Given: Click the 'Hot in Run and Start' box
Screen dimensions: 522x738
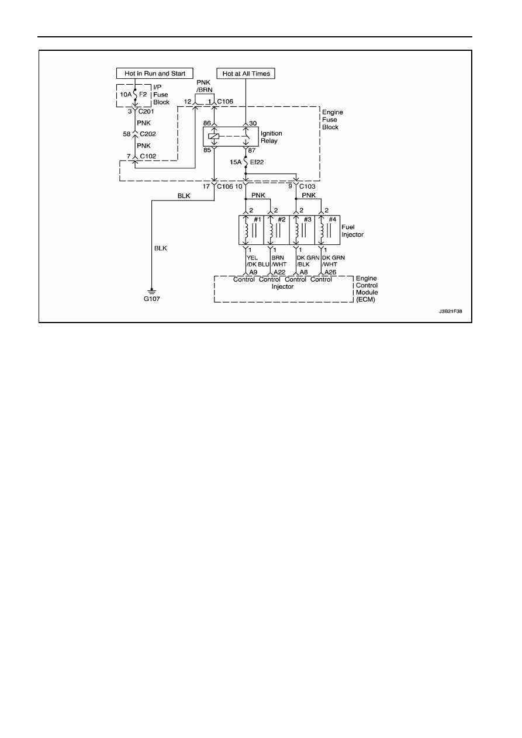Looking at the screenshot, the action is point(154,73).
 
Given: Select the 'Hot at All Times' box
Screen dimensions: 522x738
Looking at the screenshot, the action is point(246,74).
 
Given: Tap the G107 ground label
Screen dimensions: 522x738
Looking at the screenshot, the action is point(152,299).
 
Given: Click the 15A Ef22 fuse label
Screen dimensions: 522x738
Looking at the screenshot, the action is point(247,162).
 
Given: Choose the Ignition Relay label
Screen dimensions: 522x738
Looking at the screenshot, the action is point(271,137).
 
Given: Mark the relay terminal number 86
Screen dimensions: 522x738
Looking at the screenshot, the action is point(207,123).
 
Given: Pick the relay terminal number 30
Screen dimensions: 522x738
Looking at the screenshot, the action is point(253,123).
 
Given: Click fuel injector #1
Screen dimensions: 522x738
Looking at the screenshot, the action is point(251,230).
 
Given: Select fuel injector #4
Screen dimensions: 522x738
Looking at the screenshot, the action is point(327,230).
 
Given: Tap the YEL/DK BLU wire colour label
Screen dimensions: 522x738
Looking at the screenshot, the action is point(258,261).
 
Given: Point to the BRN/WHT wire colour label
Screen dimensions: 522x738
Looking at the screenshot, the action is point(279,261).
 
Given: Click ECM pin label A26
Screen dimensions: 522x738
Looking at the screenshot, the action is point(330,272).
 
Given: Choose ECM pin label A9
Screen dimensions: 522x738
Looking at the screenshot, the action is point(253,272).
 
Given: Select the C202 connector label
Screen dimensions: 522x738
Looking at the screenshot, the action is point(148,134).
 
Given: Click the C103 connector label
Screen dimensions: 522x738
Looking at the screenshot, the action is point(307,186).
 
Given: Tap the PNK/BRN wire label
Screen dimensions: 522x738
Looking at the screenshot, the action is point(205,86).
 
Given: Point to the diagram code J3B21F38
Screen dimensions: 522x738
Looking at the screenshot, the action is point(451,311).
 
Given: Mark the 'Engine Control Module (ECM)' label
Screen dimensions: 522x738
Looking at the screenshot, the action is point(367,289).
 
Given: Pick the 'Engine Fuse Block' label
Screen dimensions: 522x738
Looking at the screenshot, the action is point(333,120).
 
